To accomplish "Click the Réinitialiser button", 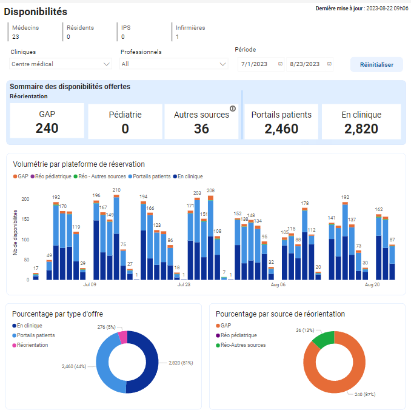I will pyautogui.click(x=376, y=65).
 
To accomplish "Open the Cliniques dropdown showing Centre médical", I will pyautogui.click(x=61, y=64).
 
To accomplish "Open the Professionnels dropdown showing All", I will pyautogui.click(x=173, y=64).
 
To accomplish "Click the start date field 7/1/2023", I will pyautogui.click(x=261, y=64).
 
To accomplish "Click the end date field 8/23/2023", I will pyautogui.click(x=310, y=64).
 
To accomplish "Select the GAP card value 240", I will pyautogui.click(x=47, y=128).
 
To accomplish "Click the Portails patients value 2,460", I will pyautogui.click(x=281, y=129).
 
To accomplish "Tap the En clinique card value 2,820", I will pyautogui.click(x=361, y=129).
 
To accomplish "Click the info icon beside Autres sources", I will pyautogui.click(x=232, y=109).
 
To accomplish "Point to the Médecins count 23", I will pyautogui.click(x=16, y=37).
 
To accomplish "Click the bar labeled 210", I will pyautogui.click(x=116, y=237).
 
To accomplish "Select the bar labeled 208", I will pyautogui.click(x=210, y=237).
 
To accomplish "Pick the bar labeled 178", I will pyautogui.click(x=305, y=243).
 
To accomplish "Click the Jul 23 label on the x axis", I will pyautogui.click(x=184, y=284).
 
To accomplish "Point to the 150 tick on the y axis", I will pyautogui.click(x=25, y=219).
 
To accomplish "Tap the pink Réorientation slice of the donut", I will pyautogui.click(x=122, y=337).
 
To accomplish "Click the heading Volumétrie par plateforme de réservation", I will pyautogui.click(x=79, y=164).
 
